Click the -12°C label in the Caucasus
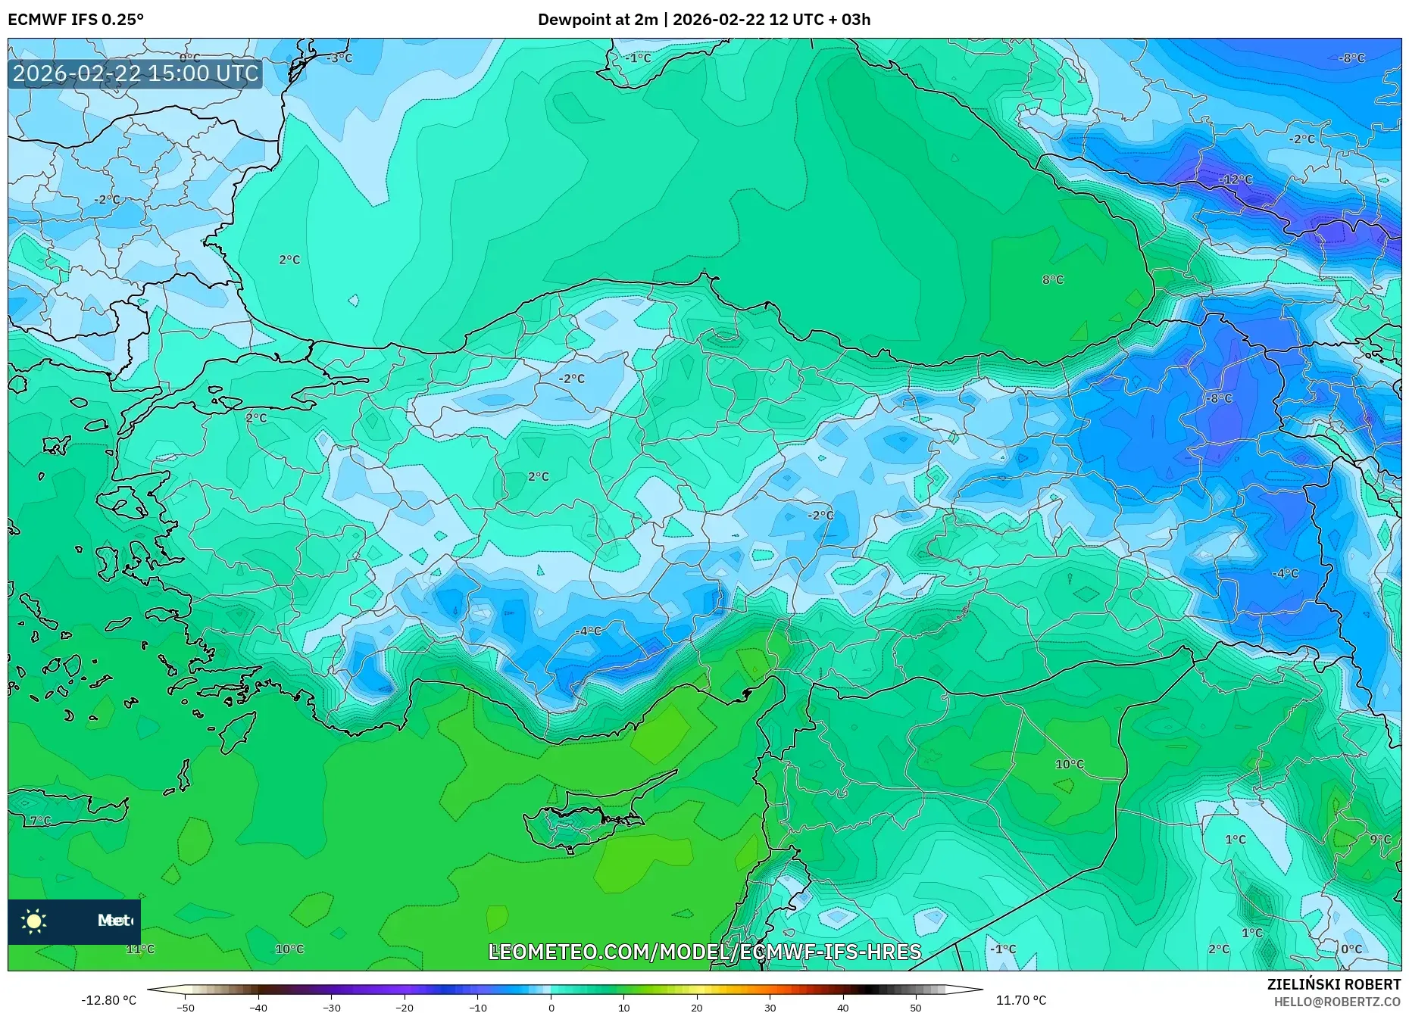(1236, 179)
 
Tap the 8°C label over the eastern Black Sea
(1053, 279)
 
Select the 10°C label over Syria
(1070, 764)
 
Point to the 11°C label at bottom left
(140, 949)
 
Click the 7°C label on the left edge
(40, 821)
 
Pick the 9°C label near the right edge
(1380, 839)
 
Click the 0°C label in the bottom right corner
(1351, 949)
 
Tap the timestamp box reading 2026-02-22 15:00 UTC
(136, 73)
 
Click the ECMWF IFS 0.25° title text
(76, 19)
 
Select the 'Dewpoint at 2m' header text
(598, 19)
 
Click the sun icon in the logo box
(34, 921)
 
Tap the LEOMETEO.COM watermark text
(704, 952)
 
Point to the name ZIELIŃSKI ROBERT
(1333, 984)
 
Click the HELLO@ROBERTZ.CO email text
(1336, 1002)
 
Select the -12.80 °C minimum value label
(108, 1000)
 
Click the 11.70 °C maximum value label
(1020, 1000)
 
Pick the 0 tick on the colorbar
(551, 1008)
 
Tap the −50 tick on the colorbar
(186, 1008)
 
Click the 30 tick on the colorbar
(770, 1008)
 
